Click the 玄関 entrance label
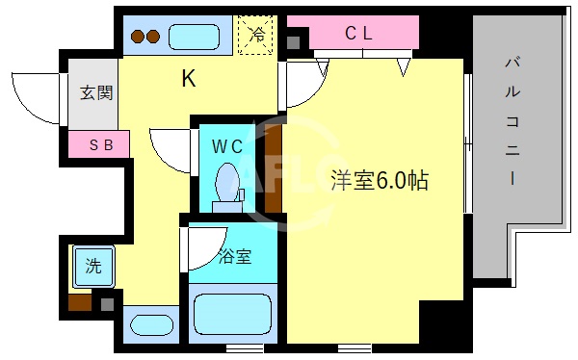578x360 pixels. coord(93,93)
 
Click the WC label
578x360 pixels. coord(227,146)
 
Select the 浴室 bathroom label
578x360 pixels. coord(235,257)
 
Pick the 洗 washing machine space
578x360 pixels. coord(93,267)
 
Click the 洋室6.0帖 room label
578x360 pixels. coord(379,180)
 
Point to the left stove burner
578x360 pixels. coord(138,39)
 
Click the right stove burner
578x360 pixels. coord(152,39)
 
